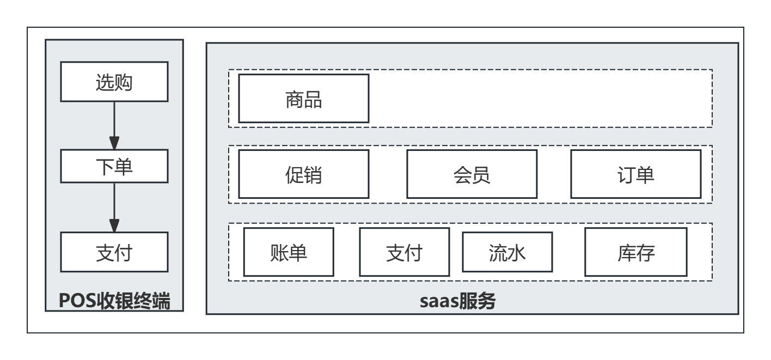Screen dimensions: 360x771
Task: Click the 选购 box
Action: pyautogui.click(x=114, y=81)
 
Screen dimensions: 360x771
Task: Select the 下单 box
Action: pyautogui.click(x=114, y=166)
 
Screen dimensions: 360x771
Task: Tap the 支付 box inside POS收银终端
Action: pyautogui.click(x=114, y=252)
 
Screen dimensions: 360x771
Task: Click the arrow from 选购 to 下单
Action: pyautogui.click(x=114, y=125)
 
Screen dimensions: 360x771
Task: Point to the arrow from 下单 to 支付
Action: pyautogui.click(x=114, y=207)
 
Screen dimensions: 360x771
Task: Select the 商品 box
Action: pyautogui.click(x=304, y=99)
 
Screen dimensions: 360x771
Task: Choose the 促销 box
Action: pyautogui.click(x=304, y=174)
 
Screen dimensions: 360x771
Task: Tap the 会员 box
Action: pyautogui.click(x=472, y=174)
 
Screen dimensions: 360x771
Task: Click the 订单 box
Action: pyautogui.click(x=635, y=174)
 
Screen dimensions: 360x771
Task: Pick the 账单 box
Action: pyautogui.click(x=289, y=252)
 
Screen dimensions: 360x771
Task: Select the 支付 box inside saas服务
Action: pyautogui.click(x=405, y=252)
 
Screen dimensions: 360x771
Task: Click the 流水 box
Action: pyautogui.click(x=507, y=252)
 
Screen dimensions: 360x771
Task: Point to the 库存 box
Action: pyautogui.click(x=635, y=252)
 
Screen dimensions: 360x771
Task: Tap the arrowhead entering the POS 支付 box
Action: pyautogui.click(x=114, y=225)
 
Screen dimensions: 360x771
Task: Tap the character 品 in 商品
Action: pyautogui.click(x=313, y=99)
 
